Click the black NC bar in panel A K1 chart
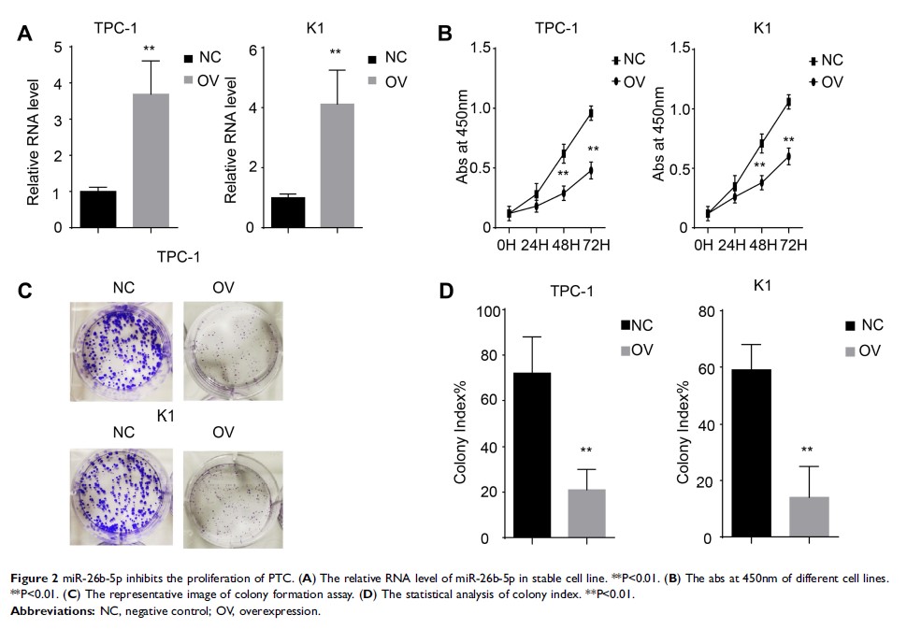(x=288, y=212)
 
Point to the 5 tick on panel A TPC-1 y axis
(x=58, y=48)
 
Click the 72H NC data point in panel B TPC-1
(x=591, y=113)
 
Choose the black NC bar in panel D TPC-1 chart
(x=532, y=455)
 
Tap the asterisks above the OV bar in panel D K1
(x=808, y=450)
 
